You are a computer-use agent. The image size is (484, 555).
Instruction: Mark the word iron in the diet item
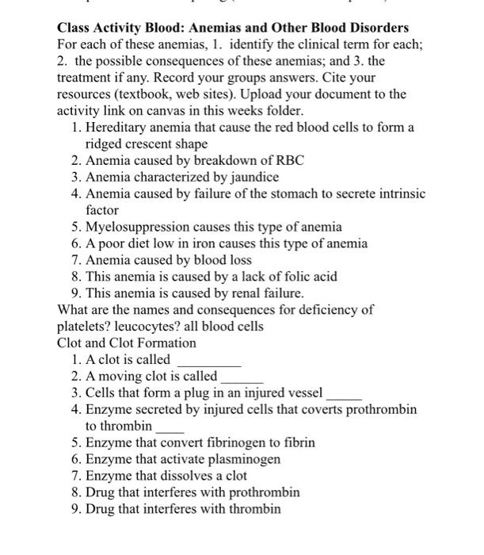pos(207,243)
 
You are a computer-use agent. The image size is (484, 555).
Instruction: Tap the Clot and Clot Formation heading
pos(127,343)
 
